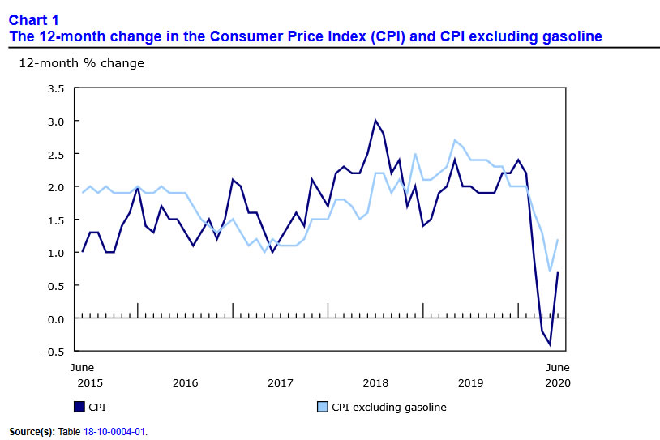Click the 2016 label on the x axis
pos(185,382)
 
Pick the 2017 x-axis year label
pos(281,382)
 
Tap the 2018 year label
pos(375,382)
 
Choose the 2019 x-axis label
pos(470,382)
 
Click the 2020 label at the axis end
pos(557,382)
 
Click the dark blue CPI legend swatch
pos(79,407)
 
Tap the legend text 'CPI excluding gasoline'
pos(389,407)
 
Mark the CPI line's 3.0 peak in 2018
pos(375,121)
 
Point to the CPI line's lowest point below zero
pos(550,345)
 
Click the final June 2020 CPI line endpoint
pos(558,273)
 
